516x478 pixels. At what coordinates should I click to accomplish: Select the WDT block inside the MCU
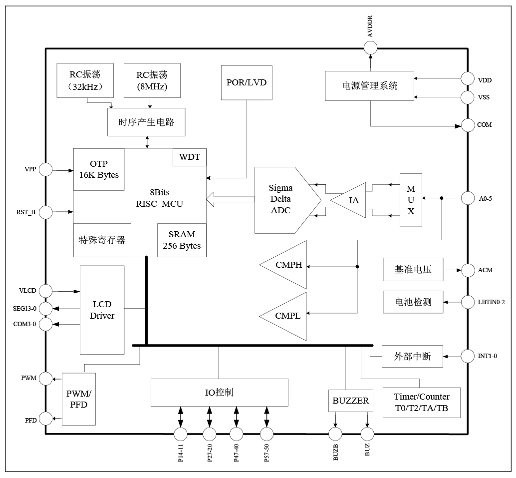coord(189,157)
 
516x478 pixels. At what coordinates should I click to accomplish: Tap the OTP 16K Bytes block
coord(99,169)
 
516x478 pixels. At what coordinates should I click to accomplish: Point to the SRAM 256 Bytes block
coord(182,240)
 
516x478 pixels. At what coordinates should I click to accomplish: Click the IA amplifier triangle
coord(351,200)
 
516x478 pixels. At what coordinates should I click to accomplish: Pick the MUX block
coord(411,200)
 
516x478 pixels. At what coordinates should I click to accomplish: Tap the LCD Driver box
coord(102,310)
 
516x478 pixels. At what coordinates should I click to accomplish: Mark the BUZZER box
coord(351,401)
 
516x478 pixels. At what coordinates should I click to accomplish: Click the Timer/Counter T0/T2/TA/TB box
coord(421,404)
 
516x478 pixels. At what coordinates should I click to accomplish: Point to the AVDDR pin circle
coord(370,48)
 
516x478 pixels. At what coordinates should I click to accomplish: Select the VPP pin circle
coord(46,170)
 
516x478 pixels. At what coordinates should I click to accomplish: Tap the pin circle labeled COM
coord(468,125)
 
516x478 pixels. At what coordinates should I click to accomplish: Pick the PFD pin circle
coord(46,418)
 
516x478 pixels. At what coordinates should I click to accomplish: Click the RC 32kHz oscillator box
coord(85,80)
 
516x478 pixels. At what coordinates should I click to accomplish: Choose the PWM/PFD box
coord(78,399)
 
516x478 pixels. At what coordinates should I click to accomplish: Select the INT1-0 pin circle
coord(468,356)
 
